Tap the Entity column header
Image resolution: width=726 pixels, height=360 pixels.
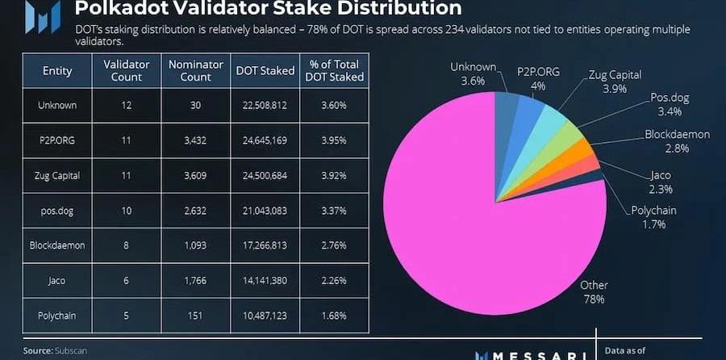57,70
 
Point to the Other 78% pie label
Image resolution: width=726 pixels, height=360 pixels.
595,291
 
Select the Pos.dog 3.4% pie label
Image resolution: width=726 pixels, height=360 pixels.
669,103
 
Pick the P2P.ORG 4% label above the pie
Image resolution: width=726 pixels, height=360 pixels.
533,77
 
